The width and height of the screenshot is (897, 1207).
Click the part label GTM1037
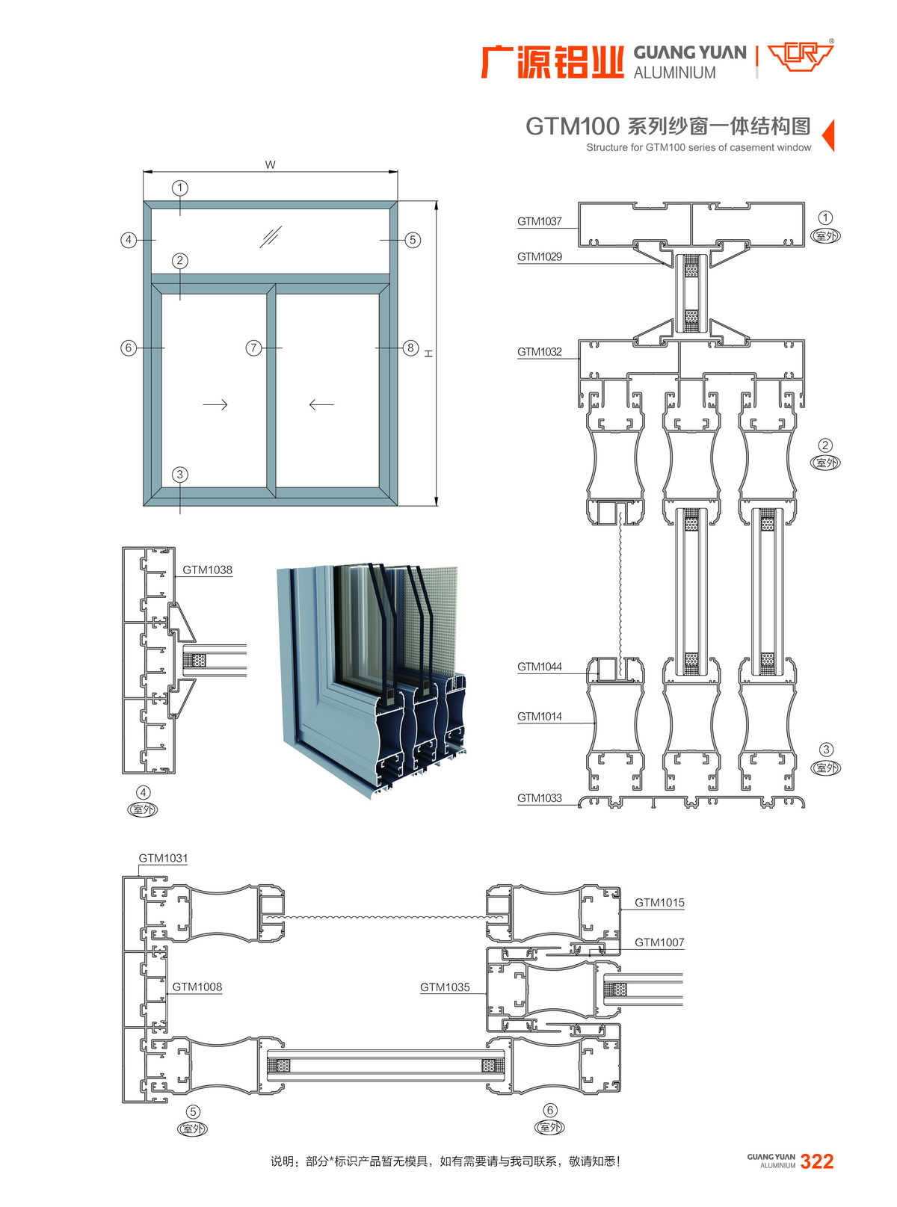coord(539,221)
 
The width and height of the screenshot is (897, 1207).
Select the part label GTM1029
coord(539,256)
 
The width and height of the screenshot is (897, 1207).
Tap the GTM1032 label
coord(539,351)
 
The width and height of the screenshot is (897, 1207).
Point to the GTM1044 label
coord(539,667)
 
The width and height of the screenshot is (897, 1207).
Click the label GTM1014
coord(539,716)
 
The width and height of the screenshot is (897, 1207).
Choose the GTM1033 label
coord(539,798)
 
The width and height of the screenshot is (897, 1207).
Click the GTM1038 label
coord(207,569)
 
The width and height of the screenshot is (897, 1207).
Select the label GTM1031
coord(163,858)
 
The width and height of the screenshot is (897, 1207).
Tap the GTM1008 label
coord(197,987)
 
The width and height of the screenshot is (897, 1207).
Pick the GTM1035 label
coord(445,987)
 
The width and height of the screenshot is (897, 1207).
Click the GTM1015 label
coord(659,903)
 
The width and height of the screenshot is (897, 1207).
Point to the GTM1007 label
coord(659,942)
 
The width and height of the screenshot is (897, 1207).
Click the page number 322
coord(816,1161)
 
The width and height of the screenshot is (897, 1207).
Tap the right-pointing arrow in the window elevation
coord(215,404)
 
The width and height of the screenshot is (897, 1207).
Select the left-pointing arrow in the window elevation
coord(321,404)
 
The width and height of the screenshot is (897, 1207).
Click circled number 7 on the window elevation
coord(254,348)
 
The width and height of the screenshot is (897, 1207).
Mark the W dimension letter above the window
coord(270,164)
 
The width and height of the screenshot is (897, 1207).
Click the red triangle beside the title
coord(827,135)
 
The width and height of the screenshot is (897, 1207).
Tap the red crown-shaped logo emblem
coord(801,57)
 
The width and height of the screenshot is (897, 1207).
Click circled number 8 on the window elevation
coord(410,348)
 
